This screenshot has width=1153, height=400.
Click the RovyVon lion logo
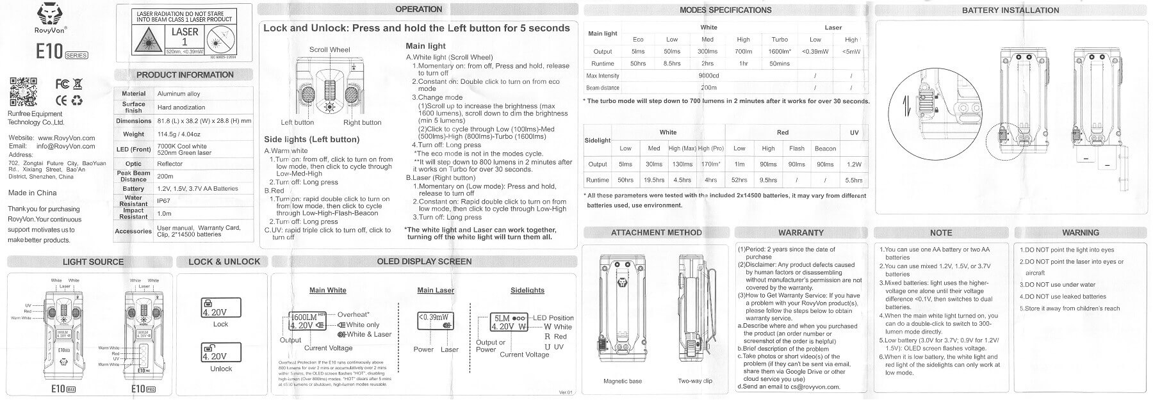[x=50, y=12]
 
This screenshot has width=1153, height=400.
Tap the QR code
[x=22, y=91]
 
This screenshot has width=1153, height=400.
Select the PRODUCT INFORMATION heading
[x=184, y=75]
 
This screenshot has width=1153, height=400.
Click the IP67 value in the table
[x=164, y=200]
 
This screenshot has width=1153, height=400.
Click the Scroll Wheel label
[x=329, y=49]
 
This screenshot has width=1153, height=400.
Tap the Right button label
[x=362, y=122]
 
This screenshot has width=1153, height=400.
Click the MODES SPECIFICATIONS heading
[x=725, y=10]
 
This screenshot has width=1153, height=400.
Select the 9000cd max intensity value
[x=708, y=76]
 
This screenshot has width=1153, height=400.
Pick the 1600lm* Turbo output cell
[x=780, y=51]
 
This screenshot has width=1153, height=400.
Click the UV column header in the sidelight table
[x=854, y=132]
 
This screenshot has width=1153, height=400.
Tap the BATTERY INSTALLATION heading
[x=1010, y=10]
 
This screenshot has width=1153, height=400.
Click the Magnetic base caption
[x=622, y=381]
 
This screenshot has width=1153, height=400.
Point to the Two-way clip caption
[x=695, y=381]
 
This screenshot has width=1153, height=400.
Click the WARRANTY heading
[x=801, y=232]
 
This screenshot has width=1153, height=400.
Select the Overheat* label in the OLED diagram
[x=353, y=314]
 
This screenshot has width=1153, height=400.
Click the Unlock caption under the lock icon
[x=220, y=369]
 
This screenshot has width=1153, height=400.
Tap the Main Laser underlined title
[x=436, y=290]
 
